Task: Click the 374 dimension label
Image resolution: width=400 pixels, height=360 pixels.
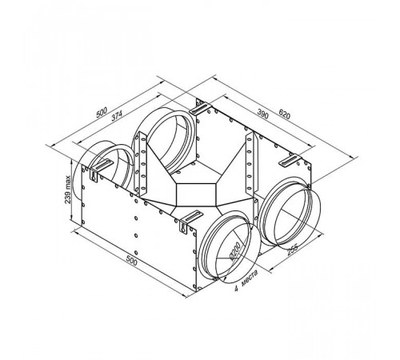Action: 117,116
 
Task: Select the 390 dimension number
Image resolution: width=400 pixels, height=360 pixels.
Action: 263,114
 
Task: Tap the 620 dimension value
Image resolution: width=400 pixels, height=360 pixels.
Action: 284,114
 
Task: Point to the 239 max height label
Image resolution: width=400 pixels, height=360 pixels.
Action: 68,190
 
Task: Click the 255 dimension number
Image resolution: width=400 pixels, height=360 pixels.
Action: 292,250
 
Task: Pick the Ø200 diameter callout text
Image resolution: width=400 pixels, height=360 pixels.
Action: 235,251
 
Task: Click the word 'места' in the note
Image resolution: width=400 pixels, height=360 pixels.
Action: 250,278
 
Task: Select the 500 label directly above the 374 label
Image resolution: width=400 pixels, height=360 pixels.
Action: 102,112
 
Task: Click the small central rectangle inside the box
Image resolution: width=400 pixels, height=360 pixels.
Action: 196,194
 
